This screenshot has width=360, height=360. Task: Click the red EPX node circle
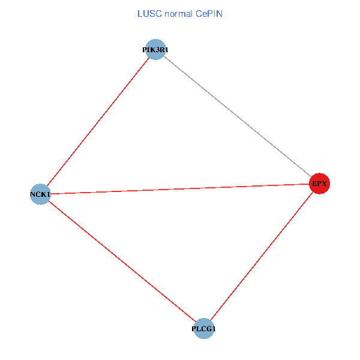point(319,184)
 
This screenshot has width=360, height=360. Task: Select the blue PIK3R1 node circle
point(155,50)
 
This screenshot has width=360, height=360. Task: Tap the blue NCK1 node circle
point(40,194)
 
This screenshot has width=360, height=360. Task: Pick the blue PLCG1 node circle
point(204,329)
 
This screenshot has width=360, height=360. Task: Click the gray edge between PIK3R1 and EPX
point(237,116)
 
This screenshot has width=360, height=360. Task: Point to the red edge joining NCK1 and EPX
point(179,189)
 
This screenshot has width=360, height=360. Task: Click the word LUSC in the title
point(148,14)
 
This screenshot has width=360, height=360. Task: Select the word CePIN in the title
point(209,14)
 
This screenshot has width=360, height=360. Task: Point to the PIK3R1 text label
point(155,50)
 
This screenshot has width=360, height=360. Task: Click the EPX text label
point(319,184)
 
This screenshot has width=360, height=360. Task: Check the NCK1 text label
point(40,194)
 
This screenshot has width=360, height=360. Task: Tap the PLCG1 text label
point(204,329)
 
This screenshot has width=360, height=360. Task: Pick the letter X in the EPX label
point(324,184)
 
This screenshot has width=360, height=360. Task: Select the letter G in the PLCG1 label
point(208,329)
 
